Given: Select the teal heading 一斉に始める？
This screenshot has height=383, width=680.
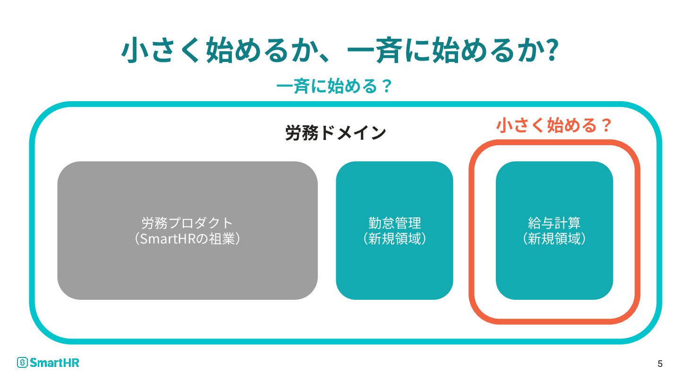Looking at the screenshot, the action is (334, 87).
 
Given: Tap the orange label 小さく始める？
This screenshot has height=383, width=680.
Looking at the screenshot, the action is (554, 126).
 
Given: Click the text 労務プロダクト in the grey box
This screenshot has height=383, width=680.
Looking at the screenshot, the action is (187, 222).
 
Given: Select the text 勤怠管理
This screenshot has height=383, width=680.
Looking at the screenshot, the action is (394, 222).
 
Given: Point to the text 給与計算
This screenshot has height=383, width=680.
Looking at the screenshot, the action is (554, 222).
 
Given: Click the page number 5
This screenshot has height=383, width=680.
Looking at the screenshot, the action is (660, 364).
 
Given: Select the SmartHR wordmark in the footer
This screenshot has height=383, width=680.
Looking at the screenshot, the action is (54, 363).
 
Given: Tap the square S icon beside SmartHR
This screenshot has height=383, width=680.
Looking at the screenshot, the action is (22, 363).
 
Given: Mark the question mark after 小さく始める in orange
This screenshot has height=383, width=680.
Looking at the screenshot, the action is (605, 126).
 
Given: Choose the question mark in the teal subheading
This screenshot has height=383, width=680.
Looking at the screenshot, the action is (386, 87).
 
